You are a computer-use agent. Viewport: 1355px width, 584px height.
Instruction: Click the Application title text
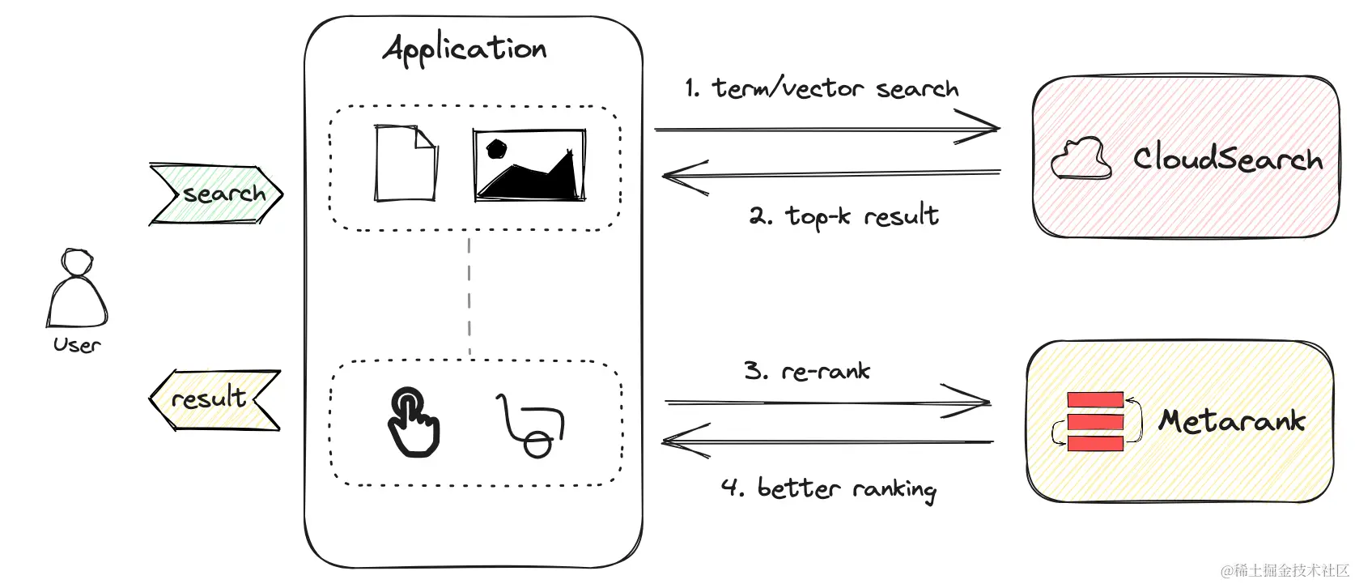coord(465,49)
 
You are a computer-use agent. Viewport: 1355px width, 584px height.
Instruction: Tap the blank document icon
coord(406,163)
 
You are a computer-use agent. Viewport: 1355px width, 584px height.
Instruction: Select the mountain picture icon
coord(529,164)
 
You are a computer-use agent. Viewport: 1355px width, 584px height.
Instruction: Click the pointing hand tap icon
coord(414,422)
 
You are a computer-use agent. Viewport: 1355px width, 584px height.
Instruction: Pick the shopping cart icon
coord(530,425)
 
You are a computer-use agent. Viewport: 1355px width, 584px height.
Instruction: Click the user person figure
coord(77,288)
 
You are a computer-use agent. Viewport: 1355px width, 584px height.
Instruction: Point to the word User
coord(77,345)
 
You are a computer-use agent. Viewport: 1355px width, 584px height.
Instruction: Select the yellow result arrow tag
coord(215,400)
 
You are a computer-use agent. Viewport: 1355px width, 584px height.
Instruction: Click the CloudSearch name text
coord(1227,159)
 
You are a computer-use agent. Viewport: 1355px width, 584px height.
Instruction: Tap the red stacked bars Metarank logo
coord(1096,421)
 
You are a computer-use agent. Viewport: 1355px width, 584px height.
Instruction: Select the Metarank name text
coord(1232,420)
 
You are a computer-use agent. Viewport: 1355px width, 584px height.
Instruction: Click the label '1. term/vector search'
coord(822,88)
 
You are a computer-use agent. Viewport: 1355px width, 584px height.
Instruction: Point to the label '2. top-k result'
coord(844,216)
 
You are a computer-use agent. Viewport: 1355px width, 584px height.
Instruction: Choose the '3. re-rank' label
coord(807,370)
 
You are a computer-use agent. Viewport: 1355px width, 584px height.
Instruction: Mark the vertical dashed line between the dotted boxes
coord(469,296)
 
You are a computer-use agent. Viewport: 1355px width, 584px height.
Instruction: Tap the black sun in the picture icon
coord(497,149)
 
